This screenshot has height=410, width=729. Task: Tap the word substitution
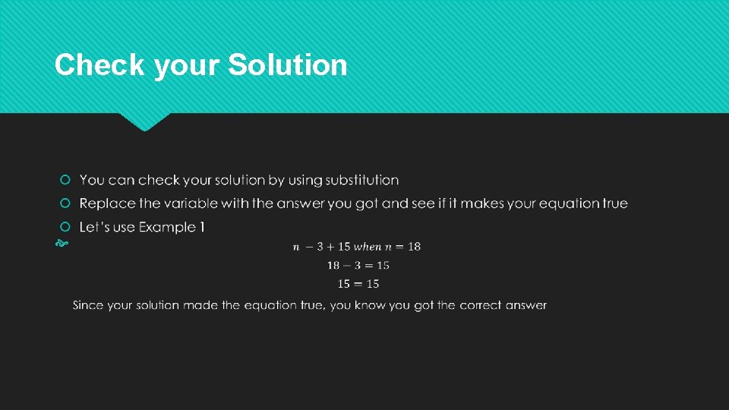361,180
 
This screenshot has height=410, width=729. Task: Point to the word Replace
106,203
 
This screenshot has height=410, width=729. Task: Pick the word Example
166,227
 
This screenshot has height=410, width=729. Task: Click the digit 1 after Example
201,227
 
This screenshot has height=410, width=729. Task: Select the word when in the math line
368,246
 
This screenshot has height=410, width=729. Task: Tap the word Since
88,305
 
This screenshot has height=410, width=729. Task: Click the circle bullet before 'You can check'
65,180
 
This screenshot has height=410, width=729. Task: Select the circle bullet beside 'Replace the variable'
65,203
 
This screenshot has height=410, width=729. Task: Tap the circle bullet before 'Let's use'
65,227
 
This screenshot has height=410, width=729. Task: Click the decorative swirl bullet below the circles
62,245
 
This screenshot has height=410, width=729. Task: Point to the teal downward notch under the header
145,121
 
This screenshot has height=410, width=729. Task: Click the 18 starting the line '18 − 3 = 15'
333,265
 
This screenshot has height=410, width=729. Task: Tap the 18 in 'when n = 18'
413,246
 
